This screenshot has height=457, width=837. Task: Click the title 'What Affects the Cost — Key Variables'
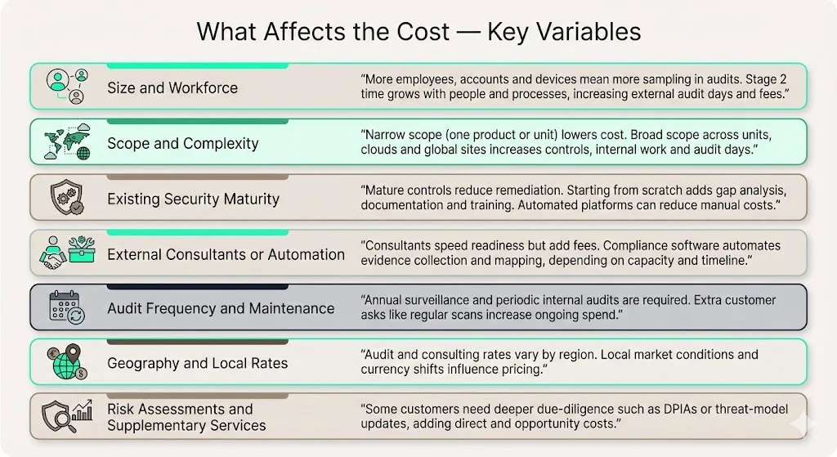418,32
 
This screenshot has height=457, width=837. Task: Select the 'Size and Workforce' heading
172,87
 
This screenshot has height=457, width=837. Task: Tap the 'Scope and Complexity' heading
182,143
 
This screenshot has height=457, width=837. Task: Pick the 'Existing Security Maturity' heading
193,199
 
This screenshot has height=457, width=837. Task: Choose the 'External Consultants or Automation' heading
226,254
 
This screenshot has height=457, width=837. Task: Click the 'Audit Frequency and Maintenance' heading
221,308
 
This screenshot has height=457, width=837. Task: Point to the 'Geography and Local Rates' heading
197,363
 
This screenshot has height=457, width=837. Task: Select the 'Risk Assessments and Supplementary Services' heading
186,417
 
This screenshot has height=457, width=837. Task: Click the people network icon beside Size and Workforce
66,86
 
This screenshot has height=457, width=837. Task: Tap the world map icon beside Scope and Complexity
66,142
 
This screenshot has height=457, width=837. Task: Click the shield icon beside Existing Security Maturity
66,198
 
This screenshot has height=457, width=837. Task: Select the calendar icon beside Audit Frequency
66,308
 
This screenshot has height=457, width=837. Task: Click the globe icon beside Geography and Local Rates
66,363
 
